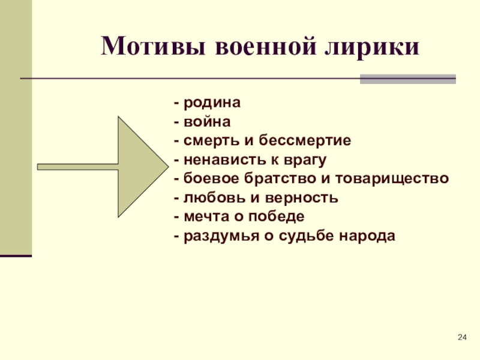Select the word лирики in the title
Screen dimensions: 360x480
[x=371, y=46]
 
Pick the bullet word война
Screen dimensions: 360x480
[x=206, y=122]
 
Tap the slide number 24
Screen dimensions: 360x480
[x=461, y=340]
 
